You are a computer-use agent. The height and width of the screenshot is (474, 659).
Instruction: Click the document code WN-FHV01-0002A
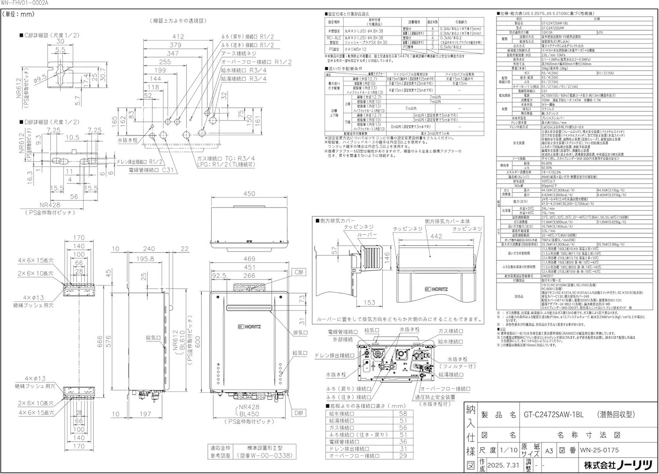coord(25,3)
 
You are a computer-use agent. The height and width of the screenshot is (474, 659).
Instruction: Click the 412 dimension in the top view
coord(178,37)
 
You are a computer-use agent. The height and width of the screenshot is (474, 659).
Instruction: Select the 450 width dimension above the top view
coord(249,194)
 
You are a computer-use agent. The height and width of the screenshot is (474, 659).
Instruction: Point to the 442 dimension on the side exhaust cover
coord(436,236)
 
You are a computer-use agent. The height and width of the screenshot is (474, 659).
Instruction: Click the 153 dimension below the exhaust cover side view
coord(369,303)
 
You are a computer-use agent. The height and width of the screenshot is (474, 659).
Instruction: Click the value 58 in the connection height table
coord(403,414)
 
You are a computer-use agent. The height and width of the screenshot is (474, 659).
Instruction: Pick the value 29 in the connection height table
coord(403,456)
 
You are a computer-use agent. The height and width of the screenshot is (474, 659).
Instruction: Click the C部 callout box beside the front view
coord(299,273)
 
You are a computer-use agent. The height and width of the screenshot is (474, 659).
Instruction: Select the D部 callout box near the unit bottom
coord(299,413)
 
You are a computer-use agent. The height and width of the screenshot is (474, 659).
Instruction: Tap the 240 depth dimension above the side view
coord(149,249)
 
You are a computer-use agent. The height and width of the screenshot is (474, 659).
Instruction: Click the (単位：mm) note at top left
coord(18,15)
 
